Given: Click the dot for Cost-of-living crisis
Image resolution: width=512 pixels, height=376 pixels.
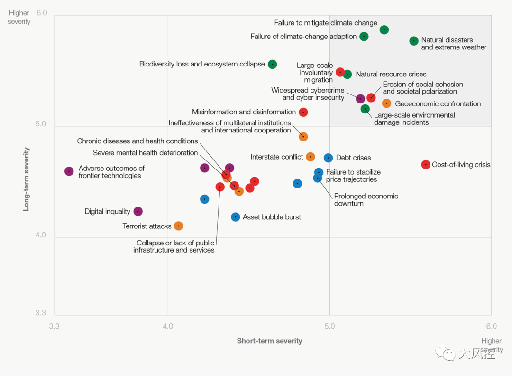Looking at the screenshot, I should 426,165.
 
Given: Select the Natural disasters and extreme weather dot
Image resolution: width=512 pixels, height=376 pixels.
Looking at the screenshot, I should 414,41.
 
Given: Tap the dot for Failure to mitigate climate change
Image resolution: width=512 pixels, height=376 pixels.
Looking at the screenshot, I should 384,30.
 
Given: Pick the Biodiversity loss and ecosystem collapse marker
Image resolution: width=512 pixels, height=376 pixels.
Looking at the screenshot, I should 272,64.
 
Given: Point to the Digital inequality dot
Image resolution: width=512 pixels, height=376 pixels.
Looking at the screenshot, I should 138,211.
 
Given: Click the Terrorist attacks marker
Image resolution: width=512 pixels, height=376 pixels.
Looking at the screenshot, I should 178,226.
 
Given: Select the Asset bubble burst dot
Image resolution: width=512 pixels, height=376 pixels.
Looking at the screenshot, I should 236,217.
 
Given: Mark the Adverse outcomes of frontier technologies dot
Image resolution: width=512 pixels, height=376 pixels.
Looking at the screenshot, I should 69,171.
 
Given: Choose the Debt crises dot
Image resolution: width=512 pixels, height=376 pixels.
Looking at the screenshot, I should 328,158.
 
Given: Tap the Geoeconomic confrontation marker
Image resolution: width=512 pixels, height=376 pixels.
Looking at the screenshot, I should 386,103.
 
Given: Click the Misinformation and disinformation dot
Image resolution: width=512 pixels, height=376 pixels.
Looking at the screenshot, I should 303,112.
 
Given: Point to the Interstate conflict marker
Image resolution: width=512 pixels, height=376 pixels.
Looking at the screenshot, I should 311,157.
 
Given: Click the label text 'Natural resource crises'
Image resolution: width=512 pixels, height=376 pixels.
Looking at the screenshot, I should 391,74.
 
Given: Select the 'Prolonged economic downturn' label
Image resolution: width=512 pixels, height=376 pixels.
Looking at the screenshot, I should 366,200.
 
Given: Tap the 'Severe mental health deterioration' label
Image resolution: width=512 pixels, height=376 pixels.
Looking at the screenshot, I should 145,153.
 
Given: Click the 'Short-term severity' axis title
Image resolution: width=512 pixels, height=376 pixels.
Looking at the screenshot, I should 269,341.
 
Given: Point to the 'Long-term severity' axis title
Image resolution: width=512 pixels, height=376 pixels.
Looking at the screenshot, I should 27,179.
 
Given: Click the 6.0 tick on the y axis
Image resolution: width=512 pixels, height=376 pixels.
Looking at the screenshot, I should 42,13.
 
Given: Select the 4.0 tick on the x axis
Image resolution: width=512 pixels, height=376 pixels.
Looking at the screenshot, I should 168,326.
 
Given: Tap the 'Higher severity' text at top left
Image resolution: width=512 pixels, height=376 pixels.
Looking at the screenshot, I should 19,18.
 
